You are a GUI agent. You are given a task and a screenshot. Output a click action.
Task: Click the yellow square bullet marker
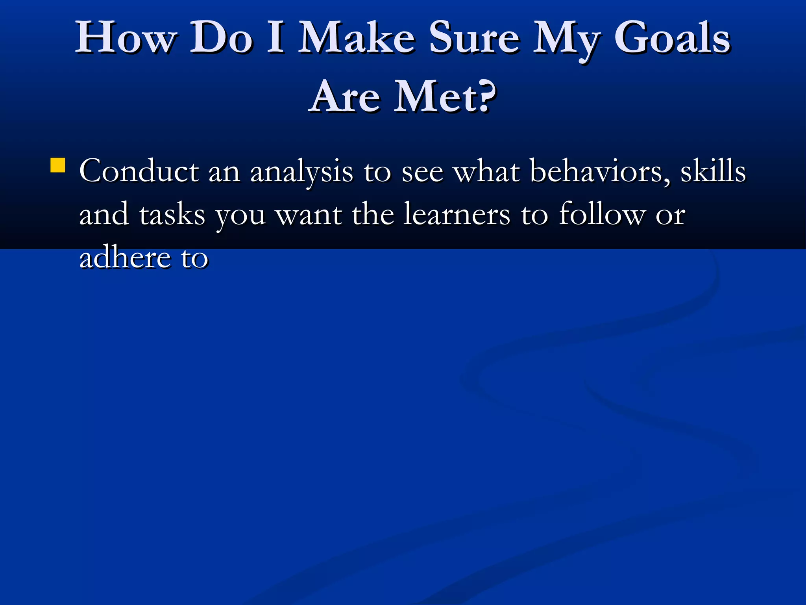(x=58, y=165)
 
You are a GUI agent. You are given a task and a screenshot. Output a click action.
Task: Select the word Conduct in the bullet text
(x=139, y=171)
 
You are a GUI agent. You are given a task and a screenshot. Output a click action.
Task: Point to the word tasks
(x=172, y=215)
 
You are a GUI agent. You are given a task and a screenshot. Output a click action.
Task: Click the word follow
(x=602, y=215)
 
